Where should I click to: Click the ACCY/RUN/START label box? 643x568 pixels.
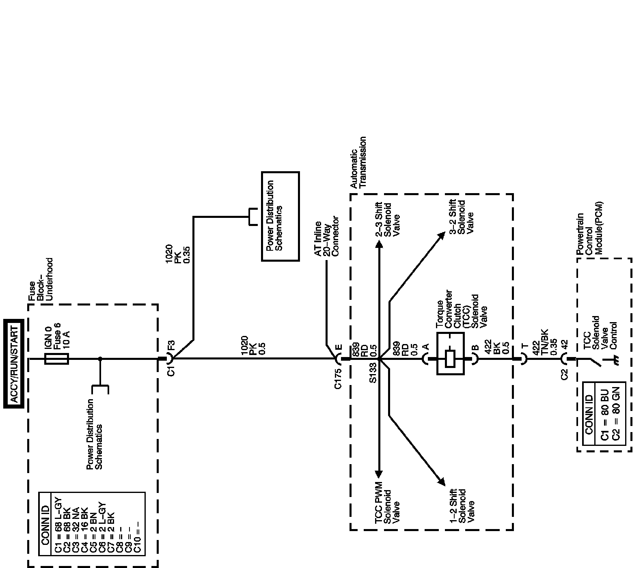(x=14, y=363)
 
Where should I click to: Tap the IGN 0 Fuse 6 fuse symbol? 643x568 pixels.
(x=56, y=359)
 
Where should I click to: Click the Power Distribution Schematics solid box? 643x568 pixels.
(x=280, y=216)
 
